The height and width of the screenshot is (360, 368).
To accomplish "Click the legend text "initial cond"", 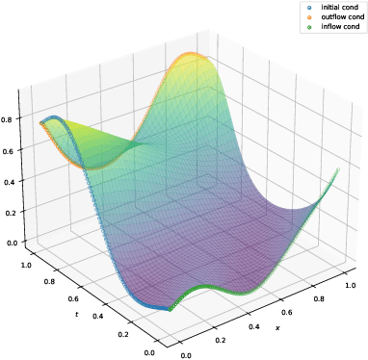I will [x=337, y=8].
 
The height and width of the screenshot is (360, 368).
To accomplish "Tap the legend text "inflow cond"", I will [x=337, y=27].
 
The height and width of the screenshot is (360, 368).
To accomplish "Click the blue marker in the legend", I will [x=309, y=8].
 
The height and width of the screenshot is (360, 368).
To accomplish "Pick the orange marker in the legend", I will [x=309, y=17].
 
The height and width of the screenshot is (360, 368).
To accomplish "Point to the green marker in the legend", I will [x=309, y=27].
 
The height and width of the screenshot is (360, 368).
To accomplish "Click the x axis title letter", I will [x=277, y=328].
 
